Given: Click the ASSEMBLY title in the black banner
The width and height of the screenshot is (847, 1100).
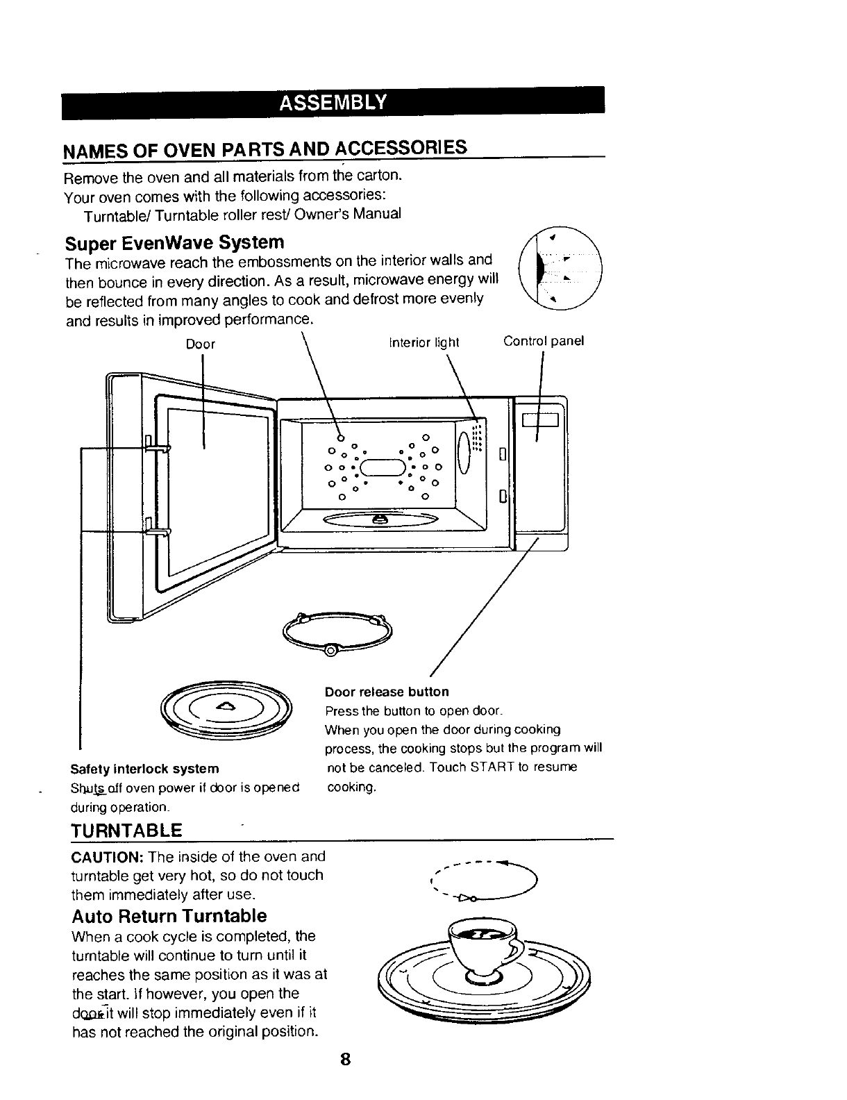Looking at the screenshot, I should [x=332, y=103].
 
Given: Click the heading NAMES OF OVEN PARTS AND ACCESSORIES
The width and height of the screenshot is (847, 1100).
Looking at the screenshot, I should [x=265, y=149].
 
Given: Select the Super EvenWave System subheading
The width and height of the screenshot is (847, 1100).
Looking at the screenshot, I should [x=174, y=243].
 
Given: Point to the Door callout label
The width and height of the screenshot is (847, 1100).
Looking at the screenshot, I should [x=201, y=344].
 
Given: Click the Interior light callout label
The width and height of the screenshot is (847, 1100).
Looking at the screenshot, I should [x=424, y=342].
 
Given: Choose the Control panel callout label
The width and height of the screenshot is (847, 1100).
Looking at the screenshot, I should [x=544, y=341].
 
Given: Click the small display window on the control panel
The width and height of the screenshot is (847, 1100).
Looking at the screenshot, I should [x=541, y=419].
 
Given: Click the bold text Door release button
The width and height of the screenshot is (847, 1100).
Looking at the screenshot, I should [x=387, y=692].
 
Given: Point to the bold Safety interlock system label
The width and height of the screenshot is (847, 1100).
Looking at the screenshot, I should [x=144, y=769].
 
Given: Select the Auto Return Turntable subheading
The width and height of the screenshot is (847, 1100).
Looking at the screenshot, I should [x=169, y=915].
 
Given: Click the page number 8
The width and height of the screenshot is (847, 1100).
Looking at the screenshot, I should [x=345, y=1060].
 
